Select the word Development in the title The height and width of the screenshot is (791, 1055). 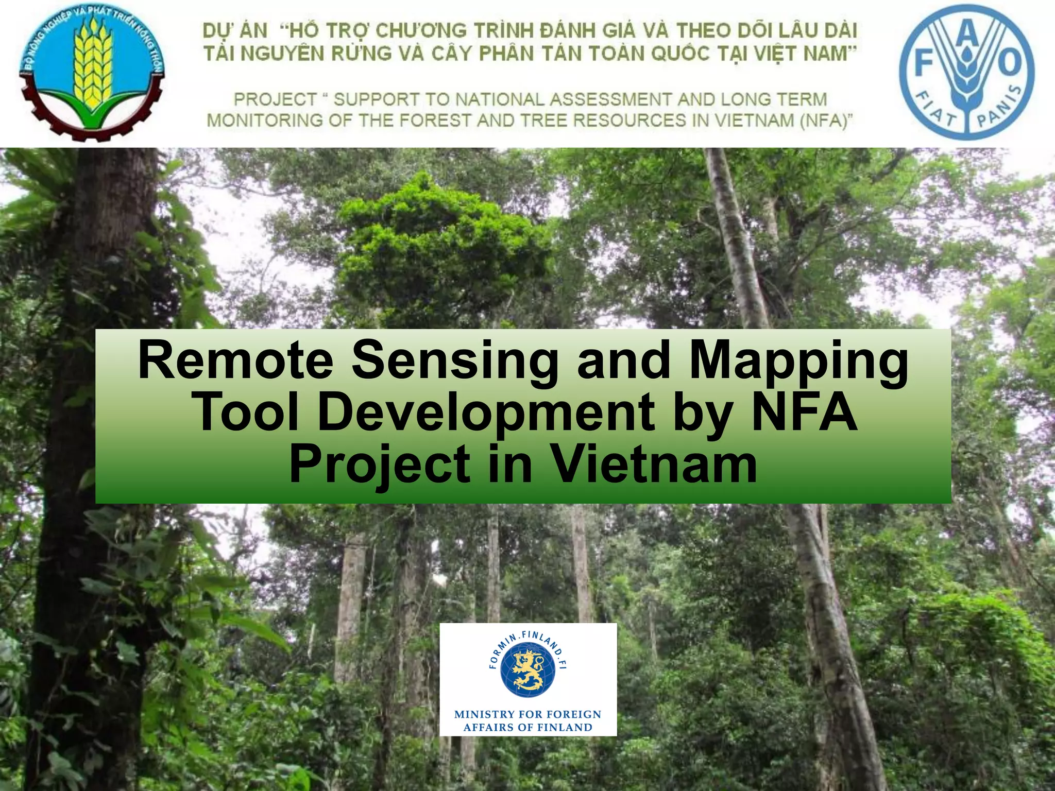coord(487,412)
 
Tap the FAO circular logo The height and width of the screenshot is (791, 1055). coord(967,72)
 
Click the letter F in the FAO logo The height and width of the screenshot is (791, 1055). coord(925,65)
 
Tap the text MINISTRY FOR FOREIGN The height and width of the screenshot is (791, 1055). coord(527,714)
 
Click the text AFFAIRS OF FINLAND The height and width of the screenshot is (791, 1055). coord(527,728)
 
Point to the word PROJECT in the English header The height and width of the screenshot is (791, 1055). coord(276,99)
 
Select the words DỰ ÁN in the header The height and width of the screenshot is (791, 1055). coord(235,31)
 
